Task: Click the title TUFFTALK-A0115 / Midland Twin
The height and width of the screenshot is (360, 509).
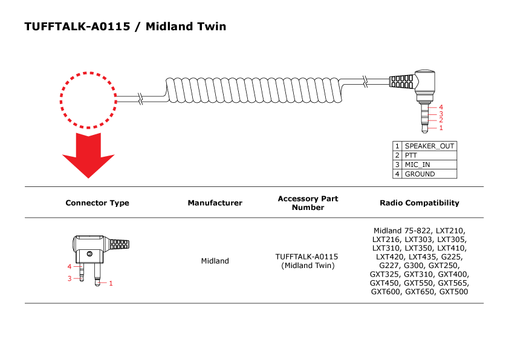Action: pos(125,27)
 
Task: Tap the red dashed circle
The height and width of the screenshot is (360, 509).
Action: pos(88,100)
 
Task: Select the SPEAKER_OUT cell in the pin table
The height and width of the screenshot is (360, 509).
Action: pos(429,146)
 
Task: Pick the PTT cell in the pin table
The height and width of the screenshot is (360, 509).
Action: pos(429,155)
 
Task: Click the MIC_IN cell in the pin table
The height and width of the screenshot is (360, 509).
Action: pos(429,165)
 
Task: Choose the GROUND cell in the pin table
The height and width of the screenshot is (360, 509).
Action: pos(429,174)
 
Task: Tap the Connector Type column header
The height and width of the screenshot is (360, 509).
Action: pos(97,203)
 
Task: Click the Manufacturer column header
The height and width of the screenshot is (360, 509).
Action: pos(215,203)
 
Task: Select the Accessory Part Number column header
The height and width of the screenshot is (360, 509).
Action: pos(308,203)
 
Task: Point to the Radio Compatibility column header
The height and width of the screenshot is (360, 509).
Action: pos(420,203)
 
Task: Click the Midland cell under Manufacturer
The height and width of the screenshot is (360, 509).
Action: pos(215,261)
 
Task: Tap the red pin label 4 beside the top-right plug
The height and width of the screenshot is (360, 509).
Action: pos(441,108)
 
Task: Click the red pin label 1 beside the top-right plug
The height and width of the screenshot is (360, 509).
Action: pos(441,128)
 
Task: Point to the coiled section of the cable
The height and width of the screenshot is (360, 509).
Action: pos(254,92)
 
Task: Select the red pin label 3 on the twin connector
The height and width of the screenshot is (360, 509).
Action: pos(70,278)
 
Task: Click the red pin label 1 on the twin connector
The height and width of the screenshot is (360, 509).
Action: pos(111,283)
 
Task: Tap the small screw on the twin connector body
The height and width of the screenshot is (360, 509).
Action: pos(89,253)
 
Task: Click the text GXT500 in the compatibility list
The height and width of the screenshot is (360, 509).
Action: pos(453,292)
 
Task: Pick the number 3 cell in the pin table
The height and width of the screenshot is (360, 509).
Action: pos(397,165)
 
